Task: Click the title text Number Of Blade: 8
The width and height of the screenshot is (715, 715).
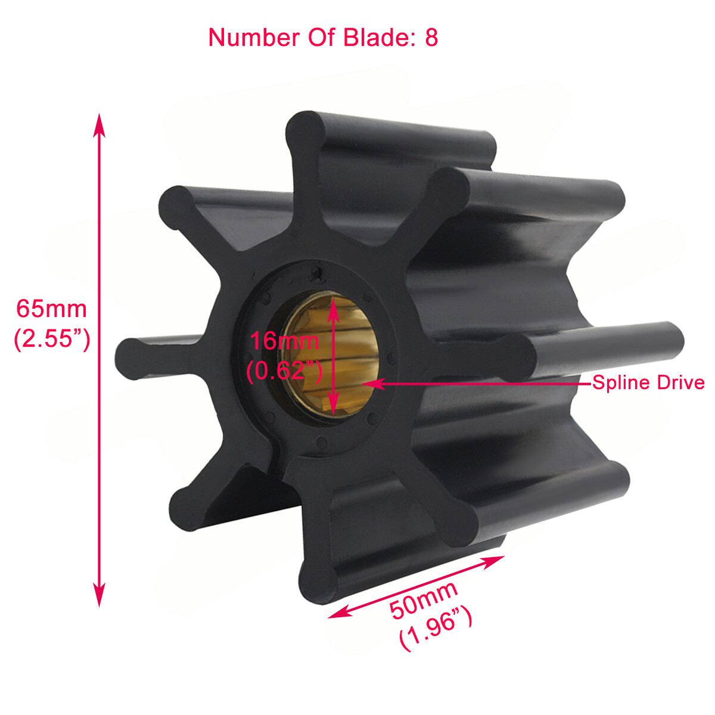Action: pos(323,38)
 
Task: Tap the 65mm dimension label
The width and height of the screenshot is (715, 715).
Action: pos(51,309)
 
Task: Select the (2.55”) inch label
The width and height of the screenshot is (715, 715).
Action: pos(52,339)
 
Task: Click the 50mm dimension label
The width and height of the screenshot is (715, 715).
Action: pos(424,599)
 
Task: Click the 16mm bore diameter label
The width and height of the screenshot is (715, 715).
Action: pos(284,341)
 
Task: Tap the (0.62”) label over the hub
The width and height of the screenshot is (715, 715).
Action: pos(284,371)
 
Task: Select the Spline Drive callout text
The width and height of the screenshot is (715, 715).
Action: pos(648,383)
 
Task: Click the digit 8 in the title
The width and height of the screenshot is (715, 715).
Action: pos(431,38)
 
